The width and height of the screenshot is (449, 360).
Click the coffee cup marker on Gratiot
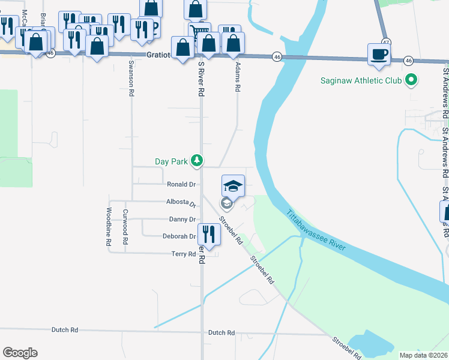(x=379, y=54)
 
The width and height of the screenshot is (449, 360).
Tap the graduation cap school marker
(x=233, y=186)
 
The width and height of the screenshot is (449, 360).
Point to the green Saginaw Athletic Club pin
(x=411, y=79)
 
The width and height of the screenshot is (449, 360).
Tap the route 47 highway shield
(x=385, y=42)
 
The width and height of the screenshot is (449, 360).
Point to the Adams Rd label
(x=238, y=76)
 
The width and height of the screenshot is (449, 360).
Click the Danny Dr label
(x=182, y=220)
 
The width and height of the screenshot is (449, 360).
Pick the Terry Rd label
(x=184, y=254)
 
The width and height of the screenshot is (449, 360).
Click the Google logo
(x=20, y=353)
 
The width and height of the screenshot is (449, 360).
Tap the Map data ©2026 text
(x=423, y=355)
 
